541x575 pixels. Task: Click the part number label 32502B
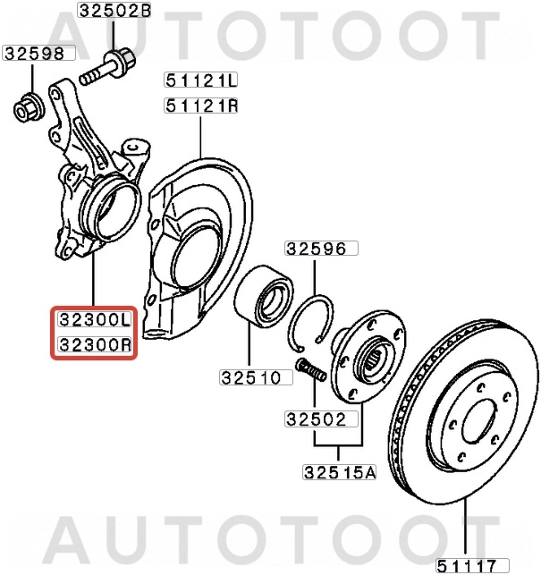click(114, 12)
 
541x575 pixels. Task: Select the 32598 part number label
click(34, 54)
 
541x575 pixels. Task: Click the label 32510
click(256, 377)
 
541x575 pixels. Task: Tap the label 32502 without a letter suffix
click(321, 418)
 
